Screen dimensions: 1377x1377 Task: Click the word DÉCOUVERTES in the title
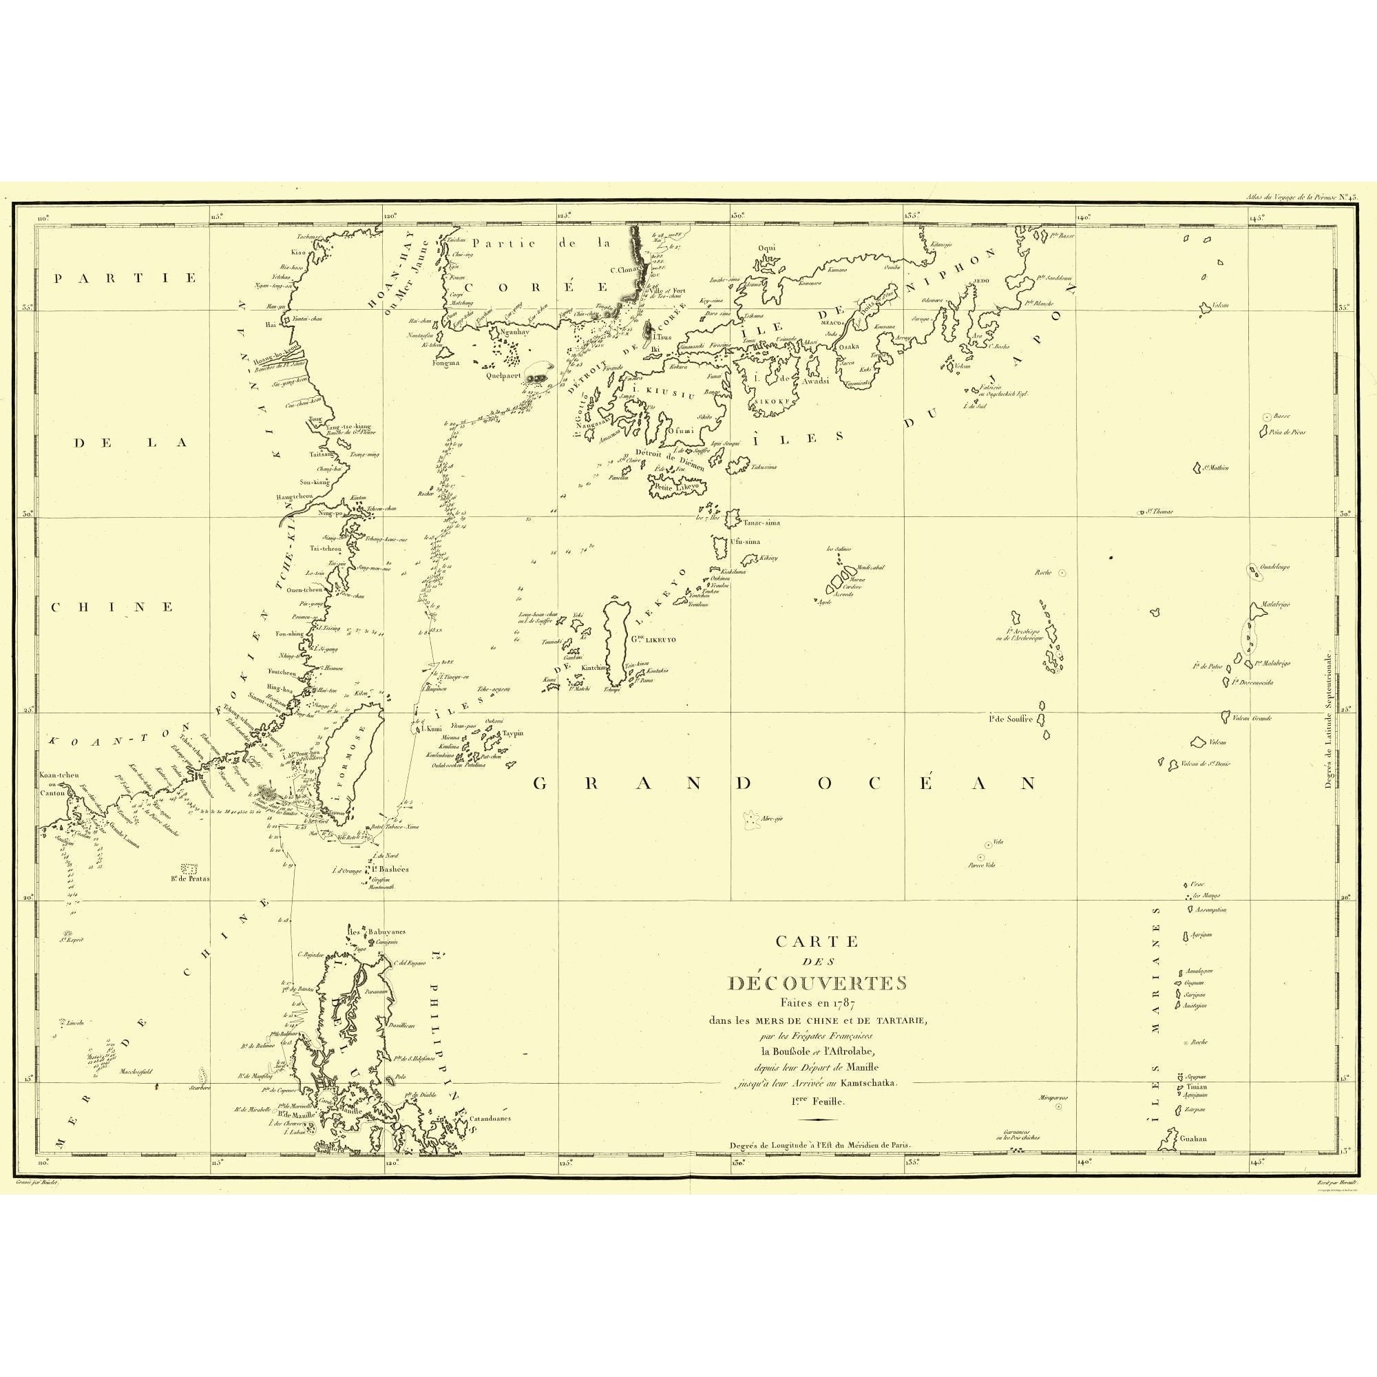coord(817,983)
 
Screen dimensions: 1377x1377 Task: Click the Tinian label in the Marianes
coord(1197,1107)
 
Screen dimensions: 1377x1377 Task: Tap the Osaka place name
coord(849,346)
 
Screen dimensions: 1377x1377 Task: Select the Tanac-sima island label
coord(761,523)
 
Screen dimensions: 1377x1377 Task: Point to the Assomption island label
coord(1211,910)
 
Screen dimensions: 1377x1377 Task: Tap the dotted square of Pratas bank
coord(189,869)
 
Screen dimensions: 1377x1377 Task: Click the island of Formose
coord(349,758)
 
